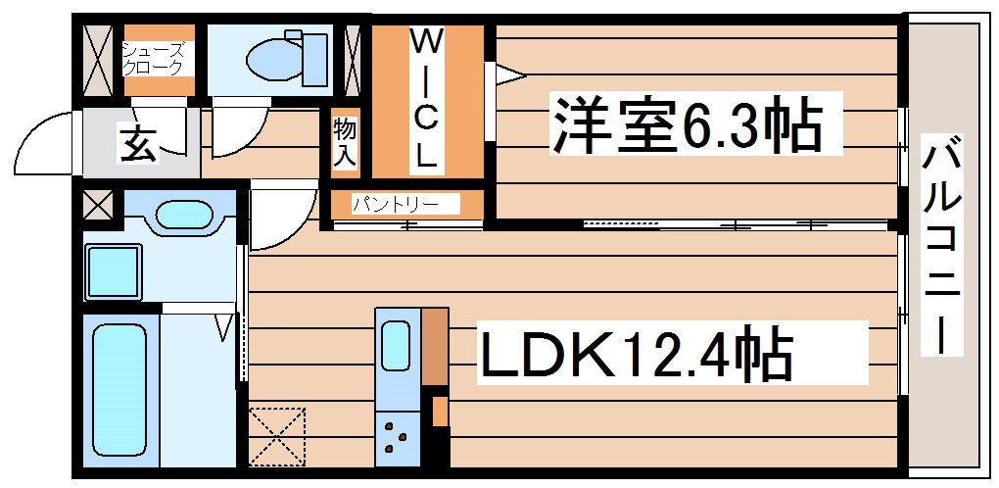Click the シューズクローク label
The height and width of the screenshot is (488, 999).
coord(152,59)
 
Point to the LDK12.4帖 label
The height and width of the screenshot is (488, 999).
coord(635,355)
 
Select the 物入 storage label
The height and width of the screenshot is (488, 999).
coord(344,141)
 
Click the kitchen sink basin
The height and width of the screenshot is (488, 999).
coord(397,344)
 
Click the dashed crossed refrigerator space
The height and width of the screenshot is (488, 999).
coord(276,437)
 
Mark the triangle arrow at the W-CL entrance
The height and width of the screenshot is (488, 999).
coord(509,74)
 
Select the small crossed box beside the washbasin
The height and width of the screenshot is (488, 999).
coord(98,206)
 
